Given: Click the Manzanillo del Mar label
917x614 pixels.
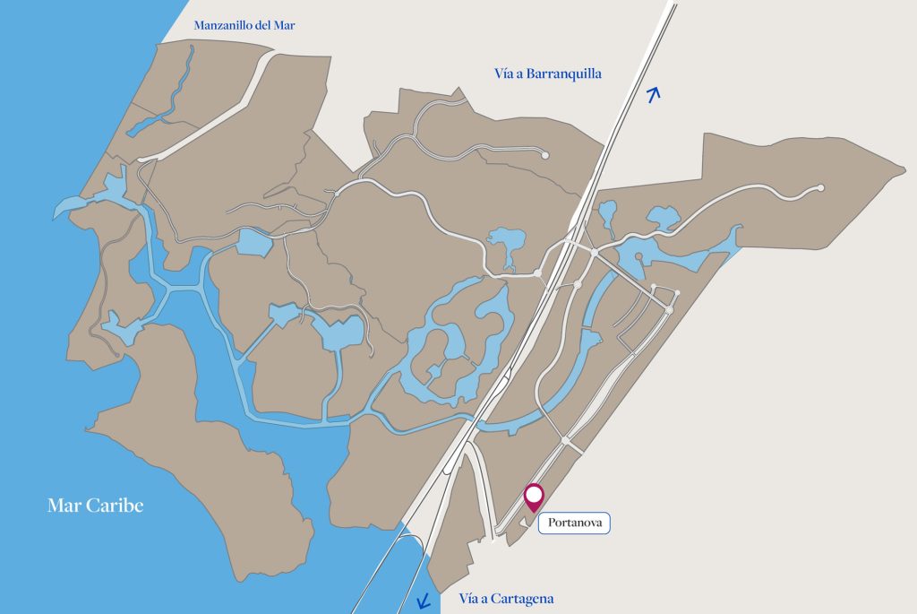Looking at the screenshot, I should click(244, 25).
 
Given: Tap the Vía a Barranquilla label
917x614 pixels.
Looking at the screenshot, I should click(548, 74).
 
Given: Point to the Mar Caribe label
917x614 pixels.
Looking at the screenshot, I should click(95, 506).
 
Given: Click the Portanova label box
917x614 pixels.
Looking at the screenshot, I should click(573, 523).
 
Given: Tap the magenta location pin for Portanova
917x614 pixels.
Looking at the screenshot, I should click(534, 498).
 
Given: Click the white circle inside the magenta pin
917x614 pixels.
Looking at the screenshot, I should click(534, 493).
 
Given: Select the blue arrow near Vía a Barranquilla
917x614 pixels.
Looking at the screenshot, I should click(654, 94).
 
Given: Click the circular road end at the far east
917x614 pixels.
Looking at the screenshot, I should click(820, 188).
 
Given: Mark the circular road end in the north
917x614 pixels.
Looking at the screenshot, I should click(545, 155).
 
